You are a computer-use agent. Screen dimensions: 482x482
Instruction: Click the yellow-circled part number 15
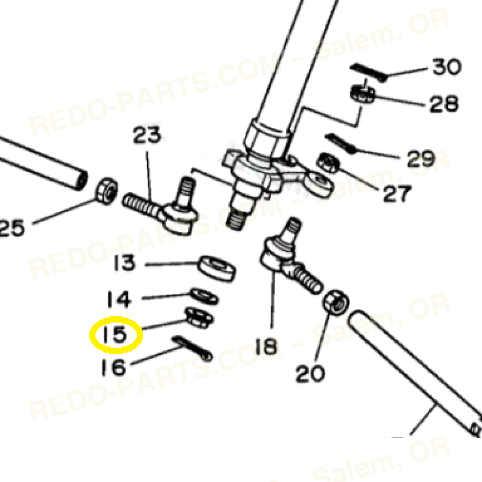[x=114, y=335]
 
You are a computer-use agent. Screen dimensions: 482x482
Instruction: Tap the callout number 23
[x=147, y=135]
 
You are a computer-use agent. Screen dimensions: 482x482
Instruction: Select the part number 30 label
[x=447, y=67]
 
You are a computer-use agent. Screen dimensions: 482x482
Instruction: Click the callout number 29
[x=421, y=159]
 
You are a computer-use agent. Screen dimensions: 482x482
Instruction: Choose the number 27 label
[x=397, y=193]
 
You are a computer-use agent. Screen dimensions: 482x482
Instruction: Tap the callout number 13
[x=124, y=263]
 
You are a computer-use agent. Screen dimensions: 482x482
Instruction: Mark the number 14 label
[x=119, y=299]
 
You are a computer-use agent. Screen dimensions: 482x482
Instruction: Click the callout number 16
[x=113, y=367]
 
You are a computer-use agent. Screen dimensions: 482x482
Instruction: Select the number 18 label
[x=266, y=346]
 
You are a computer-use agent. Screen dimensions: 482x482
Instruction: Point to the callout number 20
[x=310, y=373]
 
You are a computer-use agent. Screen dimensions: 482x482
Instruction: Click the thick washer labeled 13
[x=217, y=268]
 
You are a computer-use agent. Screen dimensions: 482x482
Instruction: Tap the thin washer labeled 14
[x=204, y=297]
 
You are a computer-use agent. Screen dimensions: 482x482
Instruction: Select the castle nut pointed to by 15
[x=199, y=318]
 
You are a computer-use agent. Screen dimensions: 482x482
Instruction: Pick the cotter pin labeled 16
[x=193, y=349]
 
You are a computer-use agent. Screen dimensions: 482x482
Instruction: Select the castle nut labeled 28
[x=363, y=94]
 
